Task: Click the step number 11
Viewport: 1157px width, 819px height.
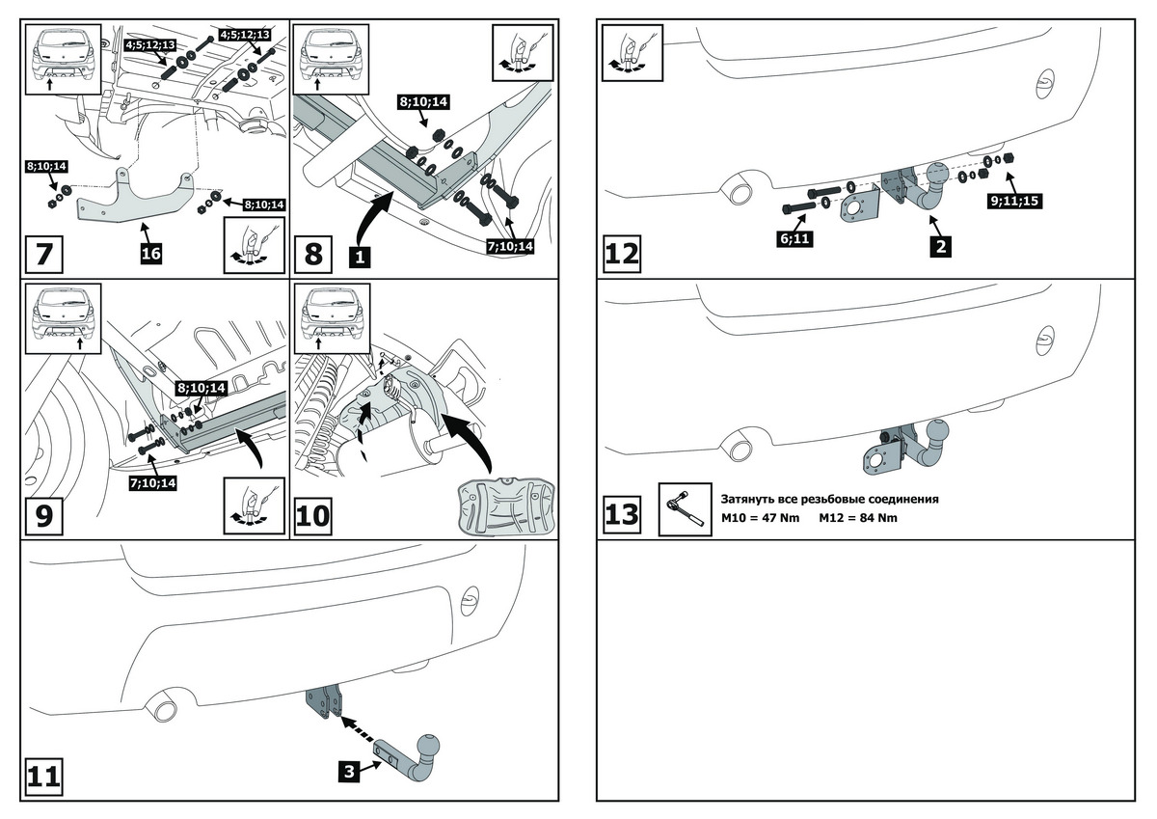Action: (45, 777)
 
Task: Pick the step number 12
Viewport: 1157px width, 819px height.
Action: (622, 255)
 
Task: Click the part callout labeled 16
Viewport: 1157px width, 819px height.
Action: (150, 254)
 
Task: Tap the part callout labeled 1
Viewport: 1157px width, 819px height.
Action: (359, 258)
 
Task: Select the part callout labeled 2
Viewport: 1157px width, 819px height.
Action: (940, 246)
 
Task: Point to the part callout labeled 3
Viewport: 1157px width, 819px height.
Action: (349, 770)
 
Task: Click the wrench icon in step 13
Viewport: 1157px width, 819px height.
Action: (685, 508)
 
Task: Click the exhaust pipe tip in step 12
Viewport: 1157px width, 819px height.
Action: (740, 192)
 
